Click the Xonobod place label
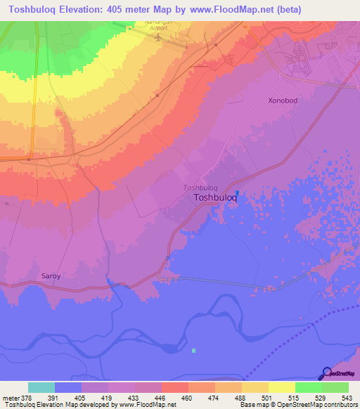283,100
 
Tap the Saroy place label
51,276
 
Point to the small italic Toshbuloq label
200,188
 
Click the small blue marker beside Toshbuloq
237,193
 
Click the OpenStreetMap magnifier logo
327,372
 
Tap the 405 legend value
68,397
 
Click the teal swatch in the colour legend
41,387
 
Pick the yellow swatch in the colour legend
281,387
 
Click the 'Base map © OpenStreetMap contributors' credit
297,405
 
